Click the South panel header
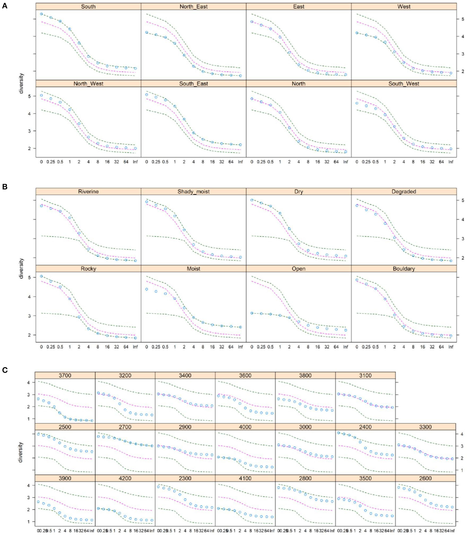tap(88, 7)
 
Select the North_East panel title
tap(194, 7)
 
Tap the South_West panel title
tap(404, 84)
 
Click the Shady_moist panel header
tap(194, 192)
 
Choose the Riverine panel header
tap(88, 192)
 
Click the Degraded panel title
tap(404, 192)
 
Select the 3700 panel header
tap(65, 375)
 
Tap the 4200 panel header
tap(125, 478)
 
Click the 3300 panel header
tap(425, 427)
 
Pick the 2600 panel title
tap(425, 478)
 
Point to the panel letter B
tap(5, 187)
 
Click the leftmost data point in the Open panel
tap(252, 313)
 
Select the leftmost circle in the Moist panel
tap(147, 289)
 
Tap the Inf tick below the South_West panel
tap(451, 162)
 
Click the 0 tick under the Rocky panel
tap(41, 347)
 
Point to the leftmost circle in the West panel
tap(357, 33)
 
